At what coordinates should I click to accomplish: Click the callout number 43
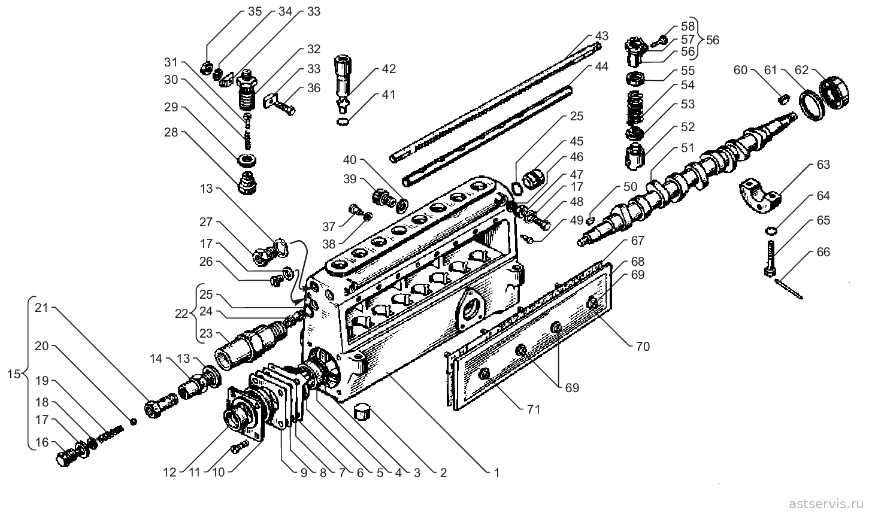(x=602, y=36)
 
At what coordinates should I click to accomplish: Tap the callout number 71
(x=534, y=409)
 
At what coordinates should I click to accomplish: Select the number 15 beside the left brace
(x=14, y=374)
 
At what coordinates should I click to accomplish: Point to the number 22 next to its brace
(x=181, y=313)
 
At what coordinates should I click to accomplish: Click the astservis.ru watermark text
(x=825, y=503)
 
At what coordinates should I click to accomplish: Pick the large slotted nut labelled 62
(x=835, y=93)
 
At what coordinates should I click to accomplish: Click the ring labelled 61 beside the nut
(x=812, y=105)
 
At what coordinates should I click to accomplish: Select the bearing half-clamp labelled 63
(x=759, y=195)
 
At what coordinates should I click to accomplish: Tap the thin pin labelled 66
(x=788, y=289)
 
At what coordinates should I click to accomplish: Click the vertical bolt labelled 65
(x=770, y=259)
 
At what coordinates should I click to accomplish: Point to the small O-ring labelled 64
(x=771, y=231)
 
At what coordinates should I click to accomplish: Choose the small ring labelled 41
(x=342, y=122)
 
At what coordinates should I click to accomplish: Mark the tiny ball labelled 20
(x=134, y=421)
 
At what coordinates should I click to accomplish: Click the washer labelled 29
(x=246, y=160)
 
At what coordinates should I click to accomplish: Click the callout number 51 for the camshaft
(x=688, y=148)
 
